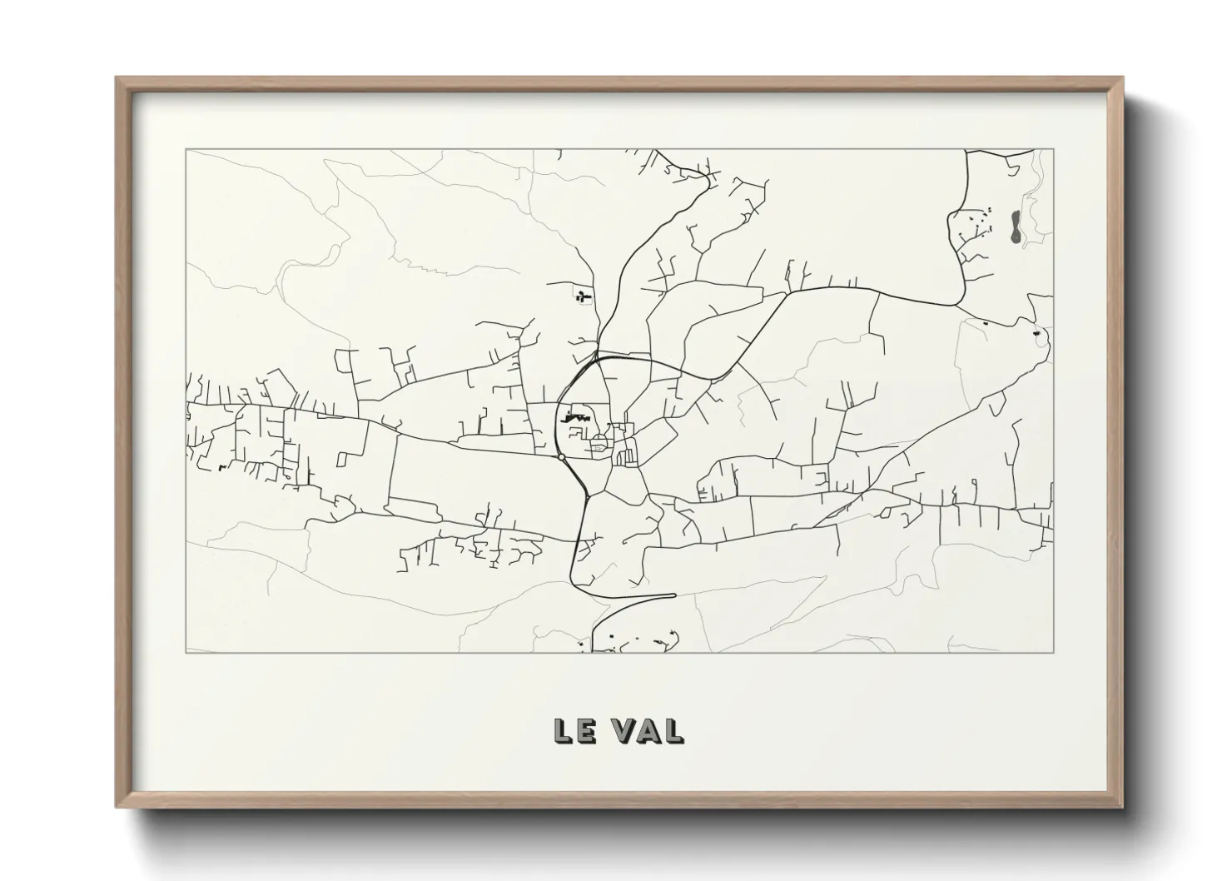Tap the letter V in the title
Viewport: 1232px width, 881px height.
(623, 730)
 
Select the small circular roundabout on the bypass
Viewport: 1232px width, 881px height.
(562, 456)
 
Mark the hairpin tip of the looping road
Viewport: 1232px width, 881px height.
(673, 595)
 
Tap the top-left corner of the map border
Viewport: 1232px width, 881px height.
(186, 149)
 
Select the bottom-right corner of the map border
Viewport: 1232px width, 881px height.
(1054, 652)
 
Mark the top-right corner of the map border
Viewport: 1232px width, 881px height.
(1054, 149)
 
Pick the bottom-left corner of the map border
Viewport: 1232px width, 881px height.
(186, 652)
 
